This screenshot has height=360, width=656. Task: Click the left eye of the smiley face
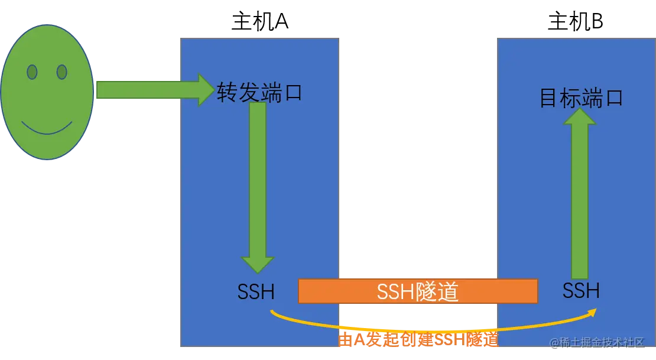(x=32, y=72)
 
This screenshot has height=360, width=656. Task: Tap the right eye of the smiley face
(x=61, y=72)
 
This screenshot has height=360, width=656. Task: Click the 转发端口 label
(x=259, y=93)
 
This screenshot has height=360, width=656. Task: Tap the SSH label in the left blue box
(x=255, y=291)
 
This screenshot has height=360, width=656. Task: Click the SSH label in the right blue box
(x=581, y=290)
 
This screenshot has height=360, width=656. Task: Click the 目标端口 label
(x=582, y=98)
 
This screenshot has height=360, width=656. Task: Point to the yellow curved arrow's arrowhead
(x=594, y=310)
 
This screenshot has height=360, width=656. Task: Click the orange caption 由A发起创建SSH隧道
(x=418, y=340)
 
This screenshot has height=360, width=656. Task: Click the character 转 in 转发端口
(x=228, y=93)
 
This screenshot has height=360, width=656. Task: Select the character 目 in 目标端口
(x=550, y=98)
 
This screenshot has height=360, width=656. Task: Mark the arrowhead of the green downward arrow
(x=258, y=264)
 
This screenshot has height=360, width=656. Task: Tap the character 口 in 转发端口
(x=292, y=93)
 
